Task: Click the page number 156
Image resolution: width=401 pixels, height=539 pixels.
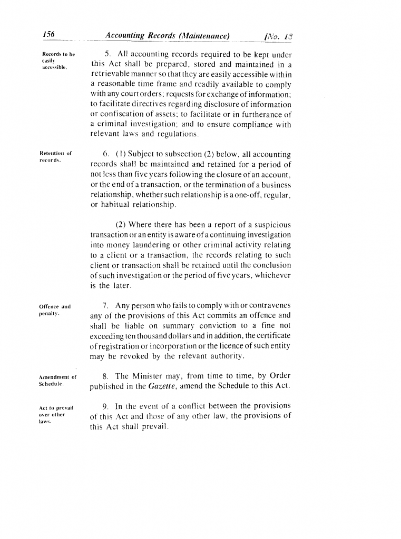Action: pyautogui.click(x=49, y=35)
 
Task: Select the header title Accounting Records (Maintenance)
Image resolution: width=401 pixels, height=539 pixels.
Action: pyautogui.click(x=167, y=36)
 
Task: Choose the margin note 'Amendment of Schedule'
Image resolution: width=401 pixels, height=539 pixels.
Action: pyautogui.click(x=57, y=380)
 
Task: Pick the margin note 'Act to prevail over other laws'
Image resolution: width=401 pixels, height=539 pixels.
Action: pyautogui.click(x=57, y=413)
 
